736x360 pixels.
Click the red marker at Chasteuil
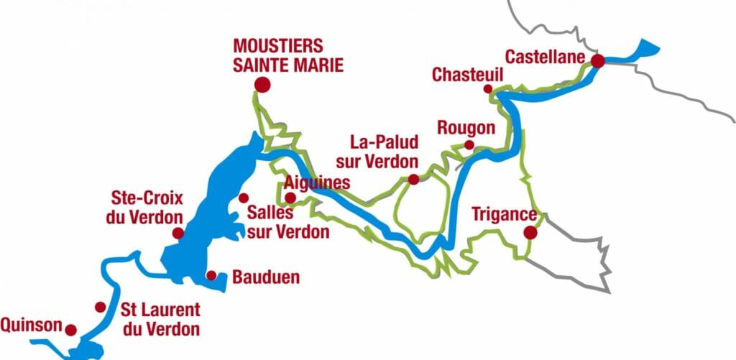pos(488,89)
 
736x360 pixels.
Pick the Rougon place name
pos(466,128)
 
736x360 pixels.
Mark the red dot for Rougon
pos(469,145)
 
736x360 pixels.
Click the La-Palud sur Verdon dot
pos(413,180)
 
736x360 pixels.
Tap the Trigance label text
pos(504,214)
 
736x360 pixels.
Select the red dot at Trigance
pos(530,232)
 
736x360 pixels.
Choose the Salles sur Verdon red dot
pos(243,198)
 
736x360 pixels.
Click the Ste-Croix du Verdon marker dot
pos(178,234)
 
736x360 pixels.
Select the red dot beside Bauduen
pos(211,275)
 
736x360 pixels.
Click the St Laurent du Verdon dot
pos(100,308)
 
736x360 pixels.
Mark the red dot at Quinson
pos(70,330)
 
